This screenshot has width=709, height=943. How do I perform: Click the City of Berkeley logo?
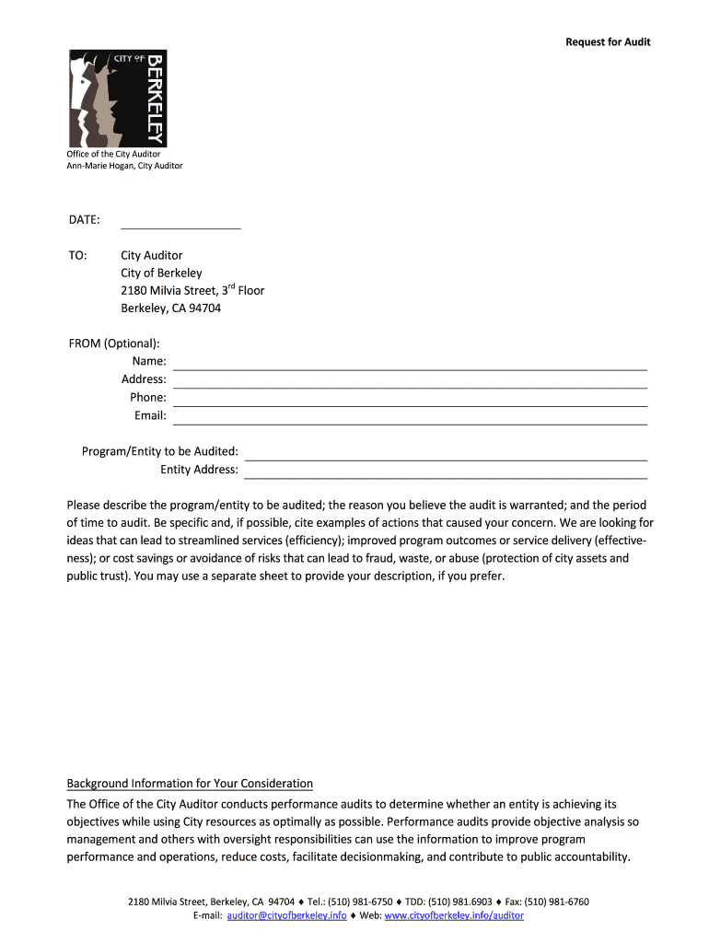[118, 98]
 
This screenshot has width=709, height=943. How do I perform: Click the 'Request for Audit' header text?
[608, 42]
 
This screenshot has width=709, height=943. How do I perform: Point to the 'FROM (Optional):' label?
[114, 343]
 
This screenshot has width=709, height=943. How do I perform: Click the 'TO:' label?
[77, 255]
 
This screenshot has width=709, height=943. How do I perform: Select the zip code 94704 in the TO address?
[204, 309]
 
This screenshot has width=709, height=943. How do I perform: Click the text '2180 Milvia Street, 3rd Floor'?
[192, 291]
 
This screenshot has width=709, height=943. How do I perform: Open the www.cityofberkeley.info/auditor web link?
[454, 916]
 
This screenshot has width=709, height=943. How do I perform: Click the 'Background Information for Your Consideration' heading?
[190, 784]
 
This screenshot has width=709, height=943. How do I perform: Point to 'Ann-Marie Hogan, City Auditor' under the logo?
[124, 166]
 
